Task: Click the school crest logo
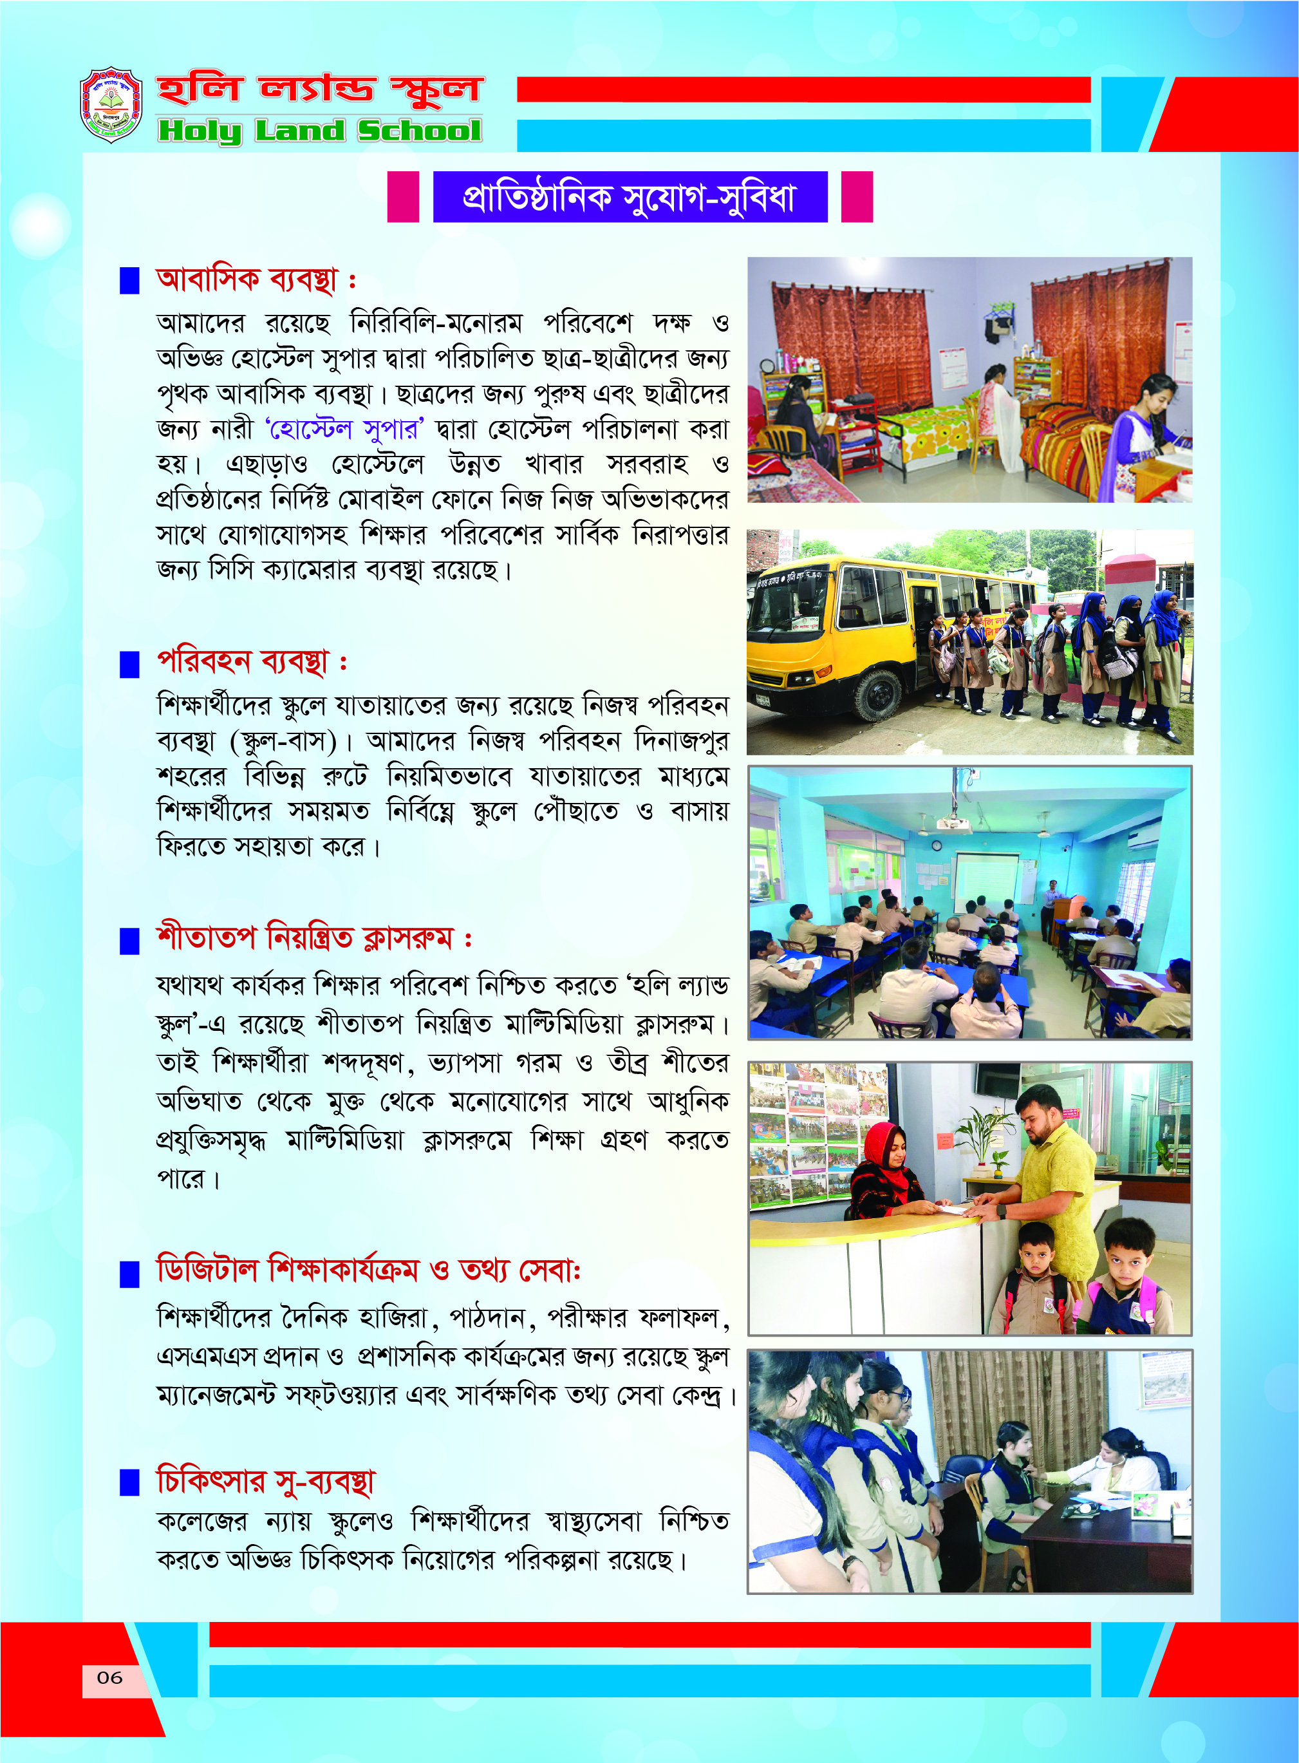tap(111, 104)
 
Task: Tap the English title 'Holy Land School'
tap(319, 131)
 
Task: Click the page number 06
tap(109, 1677)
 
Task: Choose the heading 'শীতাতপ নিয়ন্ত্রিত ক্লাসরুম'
tap(305, 939)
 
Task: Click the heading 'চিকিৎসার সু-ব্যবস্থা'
tap(266, 1482)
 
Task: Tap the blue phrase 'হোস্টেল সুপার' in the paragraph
tap(344, 429)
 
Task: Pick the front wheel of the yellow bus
tap(877, 694)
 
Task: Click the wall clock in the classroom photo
tap(937, 845)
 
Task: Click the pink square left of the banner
tap(402, 196)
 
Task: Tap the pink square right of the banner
tap(857, 196)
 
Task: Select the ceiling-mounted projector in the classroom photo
tap(953, 822)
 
